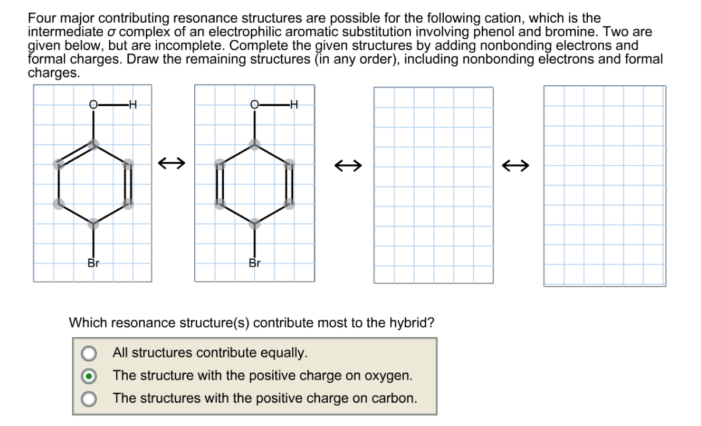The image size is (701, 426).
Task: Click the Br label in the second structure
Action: [254, 263]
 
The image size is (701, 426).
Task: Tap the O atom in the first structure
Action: [93, 105]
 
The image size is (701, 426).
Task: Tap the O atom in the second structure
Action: [254, 105]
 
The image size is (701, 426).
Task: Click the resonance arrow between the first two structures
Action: [173, 165]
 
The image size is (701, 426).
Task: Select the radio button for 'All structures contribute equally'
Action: [89, 353]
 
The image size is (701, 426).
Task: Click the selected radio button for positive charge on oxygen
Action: [89, 376]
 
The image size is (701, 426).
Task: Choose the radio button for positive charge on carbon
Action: [89, 399]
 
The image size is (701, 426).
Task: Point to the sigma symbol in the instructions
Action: [115, 32]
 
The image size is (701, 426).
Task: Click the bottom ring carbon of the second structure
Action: [254, 224]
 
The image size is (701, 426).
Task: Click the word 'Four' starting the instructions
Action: [41, 19]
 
